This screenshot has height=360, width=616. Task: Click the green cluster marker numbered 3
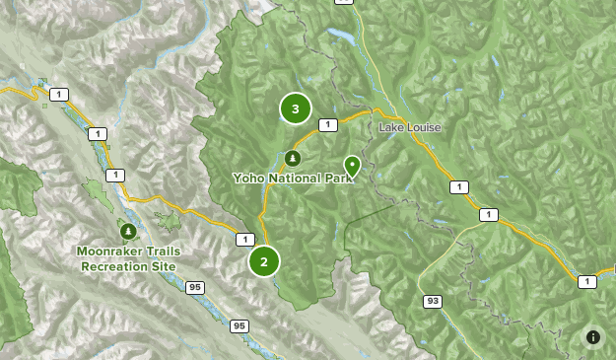click(x=295, y=108)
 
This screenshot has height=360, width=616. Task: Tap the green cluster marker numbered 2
click(x=263, y=261)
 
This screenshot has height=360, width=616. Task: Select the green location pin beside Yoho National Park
click(x=352, y=165)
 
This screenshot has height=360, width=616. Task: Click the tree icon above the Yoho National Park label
click(x=292, y=158)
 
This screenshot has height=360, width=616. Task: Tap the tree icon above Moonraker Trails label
click(x=128, y=232)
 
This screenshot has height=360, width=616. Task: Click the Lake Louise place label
click(x=410, y=128)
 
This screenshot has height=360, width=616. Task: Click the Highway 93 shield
click(x=432, y=301)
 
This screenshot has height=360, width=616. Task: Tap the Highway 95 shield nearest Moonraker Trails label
click(x=195, y=287)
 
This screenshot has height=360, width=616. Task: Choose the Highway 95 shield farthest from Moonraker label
click(x=240, y=325)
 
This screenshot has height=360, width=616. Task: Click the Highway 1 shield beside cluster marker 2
click(x=244, y=239)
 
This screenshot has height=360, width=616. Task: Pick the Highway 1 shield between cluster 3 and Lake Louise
click(x=328, y=124)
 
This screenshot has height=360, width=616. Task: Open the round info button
click(x=593, y=337)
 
